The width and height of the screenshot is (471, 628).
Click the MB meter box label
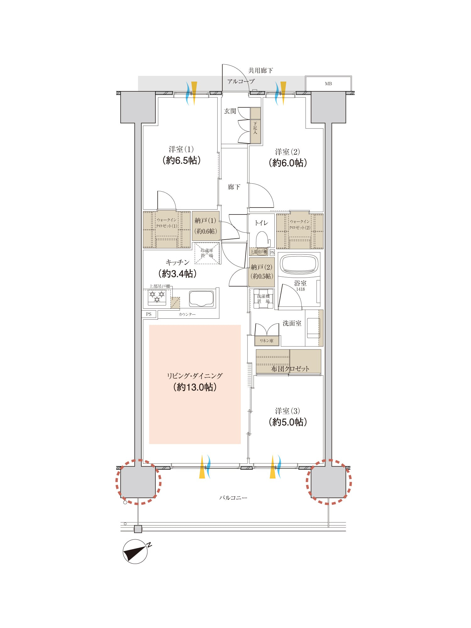pos(328,84)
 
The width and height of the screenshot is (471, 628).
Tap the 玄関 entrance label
pos(230,111)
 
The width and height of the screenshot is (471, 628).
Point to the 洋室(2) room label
pos(287,152)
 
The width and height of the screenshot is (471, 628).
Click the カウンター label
pos(187,314)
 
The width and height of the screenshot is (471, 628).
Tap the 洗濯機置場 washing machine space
pos(263,299)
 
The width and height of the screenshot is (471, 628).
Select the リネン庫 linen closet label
pos(266,341)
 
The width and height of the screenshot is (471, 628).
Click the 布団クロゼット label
pos(290,369)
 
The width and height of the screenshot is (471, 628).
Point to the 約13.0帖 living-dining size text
pos(195,387)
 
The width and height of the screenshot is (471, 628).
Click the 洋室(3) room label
pos(288,411)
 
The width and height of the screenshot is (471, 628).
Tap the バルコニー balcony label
pos(233,498)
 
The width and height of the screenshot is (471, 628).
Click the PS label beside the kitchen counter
pos(149,314)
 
